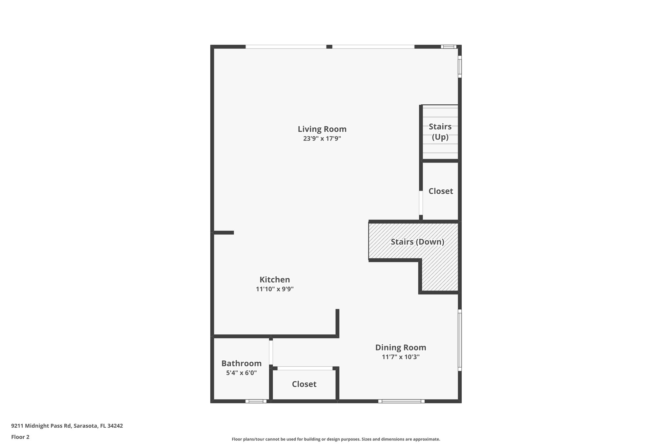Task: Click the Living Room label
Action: pyautogui.click(x=322, y=129)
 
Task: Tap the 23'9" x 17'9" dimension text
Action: pyautogui.click(x=322, y=139)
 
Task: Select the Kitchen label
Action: pyautogui.click(x=275, y=280)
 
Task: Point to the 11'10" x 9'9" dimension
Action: pyautogui.click(x=275, y=289)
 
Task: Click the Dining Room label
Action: pyautogui.click(x=401, y=347)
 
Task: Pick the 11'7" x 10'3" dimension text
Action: pyautogui.click(x=401, y=357)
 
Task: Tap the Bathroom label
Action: pyautogui.click(x=241, y=363)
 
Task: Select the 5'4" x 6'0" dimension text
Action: pyautogui.click(x=241, y=373)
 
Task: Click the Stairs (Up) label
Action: pyautogui.click(x=440, y=132)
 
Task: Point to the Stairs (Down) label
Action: pyautogui.click(x=417, y=242)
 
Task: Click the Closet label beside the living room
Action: pyautogui.click(x=441, y=191)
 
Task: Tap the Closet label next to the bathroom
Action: pyautogui.click(x=304, y=384)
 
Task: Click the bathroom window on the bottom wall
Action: pyautogui.click(x=256, y=401)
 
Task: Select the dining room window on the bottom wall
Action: pyautogui.click(x=401, y=401)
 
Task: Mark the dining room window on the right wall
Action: pyautogui.click(x=460, y=340)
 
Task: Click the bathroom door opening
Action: pyautogui.click(x=271, y=352)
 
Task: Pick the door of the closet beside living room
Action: pyautogui.click(x=421, y=203)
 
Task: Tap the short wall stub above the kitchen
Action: pyautogui.click(x=224, y=233)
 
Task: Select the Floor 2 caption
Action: pyautogui.click(x=20, y=437)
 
